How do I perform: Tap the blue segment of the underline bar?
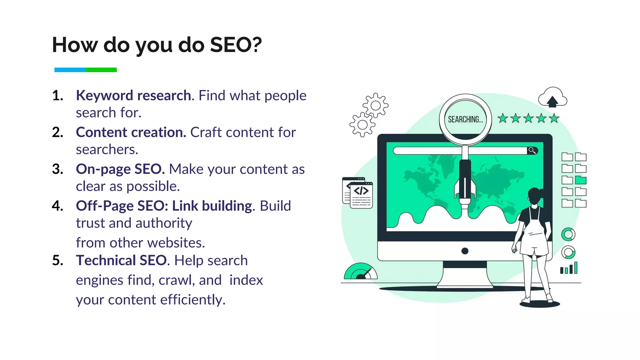point(70,70)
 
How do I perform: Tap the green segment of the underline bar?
point(101,70)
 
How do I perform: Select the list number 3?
point(57,169)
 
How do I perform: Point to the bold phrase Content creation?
point(131,132)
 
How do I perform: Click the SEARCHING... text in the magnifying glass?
point(465,119)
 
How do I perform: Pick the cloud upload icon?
point(552,97)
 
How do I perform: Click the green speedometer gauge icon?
point(360,272)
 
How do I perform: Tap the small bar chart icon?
point(569,268)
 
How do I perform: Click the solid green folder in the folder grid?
point(581,180)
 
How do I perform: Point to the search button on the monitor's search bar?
point(532,151)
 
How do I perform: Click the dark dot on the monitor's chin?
point(465,251)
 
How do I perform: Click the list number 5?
point(57,260)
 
